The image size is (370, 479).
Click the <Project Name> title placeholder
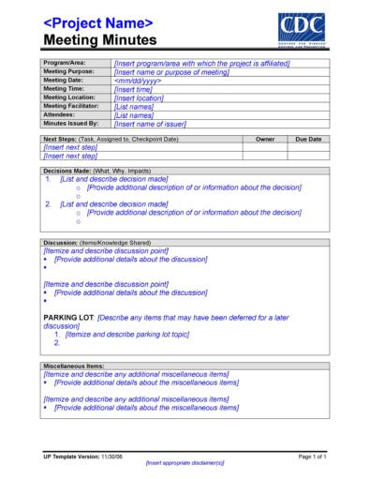[98, 22]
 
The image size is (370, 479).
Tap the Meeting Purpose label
[70, 71]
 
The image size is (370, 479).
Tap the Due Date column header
[307, 139]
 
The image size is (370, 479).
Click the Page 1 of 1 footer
[310, 456]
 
